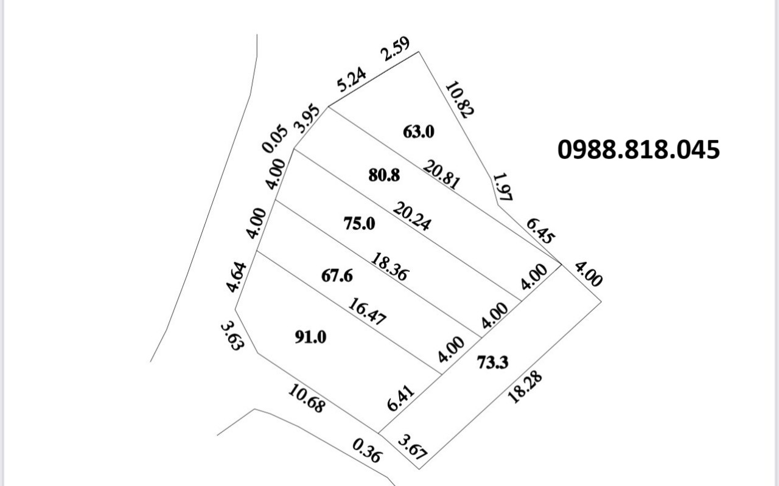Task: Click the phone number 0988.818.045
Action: point(638,150)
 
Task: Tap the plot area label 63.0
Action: point(419,131)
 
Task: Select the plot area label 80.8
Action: point(385,176)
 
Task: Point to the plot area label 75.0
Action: point(359,224)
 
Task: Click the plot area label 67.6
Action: point(337,276)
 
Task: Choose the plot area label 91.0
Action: point(310,337)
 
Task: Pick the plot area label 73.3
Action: point(492,363)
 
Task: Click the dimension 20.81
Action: point(442,173)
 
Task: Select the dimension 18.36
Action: point(389,266)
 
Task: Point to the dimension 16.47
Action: point(367,311)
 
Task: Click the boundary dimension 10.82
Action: point(459,99)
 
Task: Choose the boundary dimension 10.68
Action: point(306,399)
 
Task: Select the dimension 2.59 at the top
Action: point(396,49)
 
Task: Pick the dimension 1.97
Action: point(503,187)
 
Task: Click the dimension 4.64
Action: point(237,277)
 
